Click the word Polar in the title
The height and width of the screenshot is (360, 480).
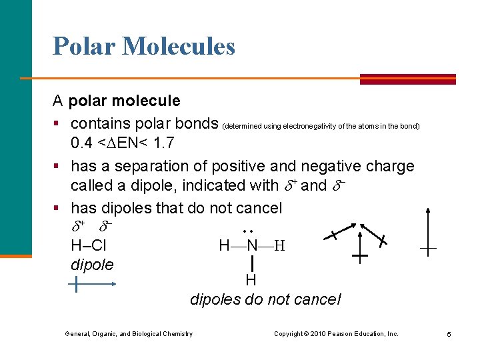[84, 46]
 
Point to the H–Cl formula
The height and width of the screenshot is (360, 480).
[89, 245]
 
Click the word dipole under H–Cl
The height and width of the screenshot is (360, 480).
[92, 265]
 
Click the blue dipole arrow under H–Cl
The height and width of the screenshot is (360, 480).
[93, 285]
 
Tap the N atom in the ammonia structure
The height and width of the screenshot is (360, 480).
[252, 245]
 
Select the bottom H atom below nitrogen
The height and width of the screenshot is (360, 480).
[251, 280]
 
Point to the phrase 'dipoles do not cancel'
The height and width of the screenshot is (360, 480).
[265, 300]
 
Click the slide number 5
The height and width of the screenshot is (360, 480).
[449, 334]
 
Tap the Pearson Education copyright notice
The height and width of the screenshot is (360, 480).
[336, 334]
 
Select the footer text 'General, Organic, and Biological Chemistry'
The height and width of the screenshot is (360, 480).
[129, 334]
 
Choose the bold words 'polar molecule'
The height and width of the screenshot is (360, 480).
[125, 101]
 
